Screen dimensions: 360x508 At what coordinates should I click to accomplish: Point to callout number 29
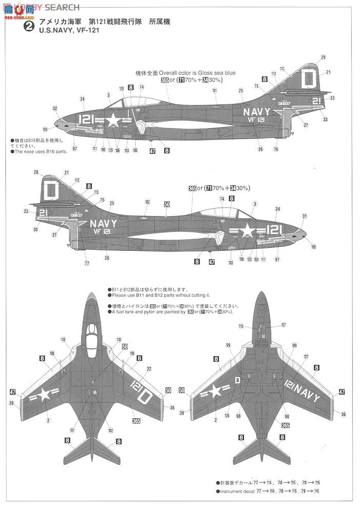click(323, 57)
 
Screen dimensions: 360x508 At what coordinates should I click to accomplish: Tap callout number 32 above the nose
click(55, 108)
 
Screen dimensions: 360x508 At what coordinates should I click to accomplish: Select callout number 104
click(46, 129)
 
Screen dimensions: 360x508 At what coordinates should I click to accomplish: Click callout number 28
click(36, 172)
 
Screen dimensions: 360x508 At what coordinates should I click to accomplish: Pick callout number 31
click(305, 216)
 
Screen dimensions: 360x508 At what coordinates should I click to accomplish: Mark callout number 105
click(314, 247)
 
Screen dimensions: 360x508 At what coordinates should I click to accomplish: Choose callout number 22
click(149, 368)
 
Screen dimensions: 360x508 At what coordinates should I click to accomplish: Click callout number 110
click(241, 326)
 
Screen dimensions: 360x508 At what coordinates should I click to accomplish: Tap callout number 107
click(284, 325)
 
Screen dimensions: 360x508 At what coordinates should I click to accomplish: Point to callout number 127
click(306, 356)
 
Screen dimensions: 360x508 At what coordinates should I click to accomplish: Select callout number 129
click(122, 88)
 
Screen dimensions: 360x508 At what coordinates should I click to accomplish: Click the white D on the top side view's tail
click(308, 80)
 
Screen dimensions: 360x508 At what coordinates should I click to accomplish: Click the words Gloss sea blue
click(218, 73)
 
